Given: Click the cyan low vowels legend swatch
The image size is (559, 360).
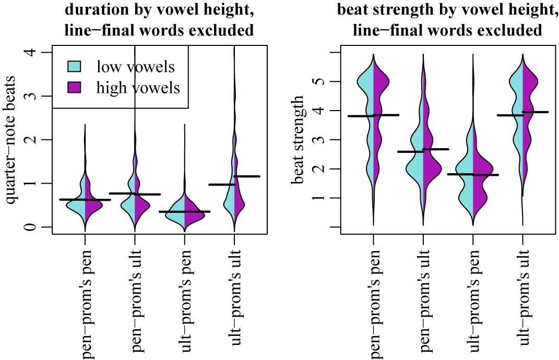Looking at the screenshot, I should tap(74, 67).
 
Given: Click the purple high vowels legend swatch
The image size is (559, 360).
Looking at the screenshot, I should tap(74, 88).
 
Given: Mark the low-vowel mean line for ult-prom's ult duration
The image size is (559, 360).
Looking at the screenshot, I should tap(222, 185).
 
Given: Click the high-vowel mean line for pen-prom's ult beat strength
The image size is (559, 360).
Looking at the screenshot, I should tap(436, 149).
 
